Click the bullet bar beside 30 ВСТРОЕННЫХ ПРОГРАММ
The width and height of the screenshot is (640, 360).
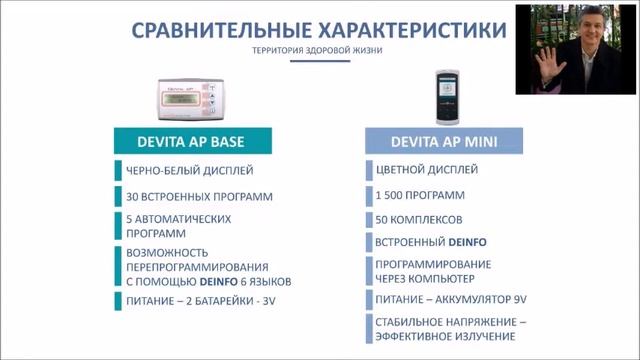point(116,196)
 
